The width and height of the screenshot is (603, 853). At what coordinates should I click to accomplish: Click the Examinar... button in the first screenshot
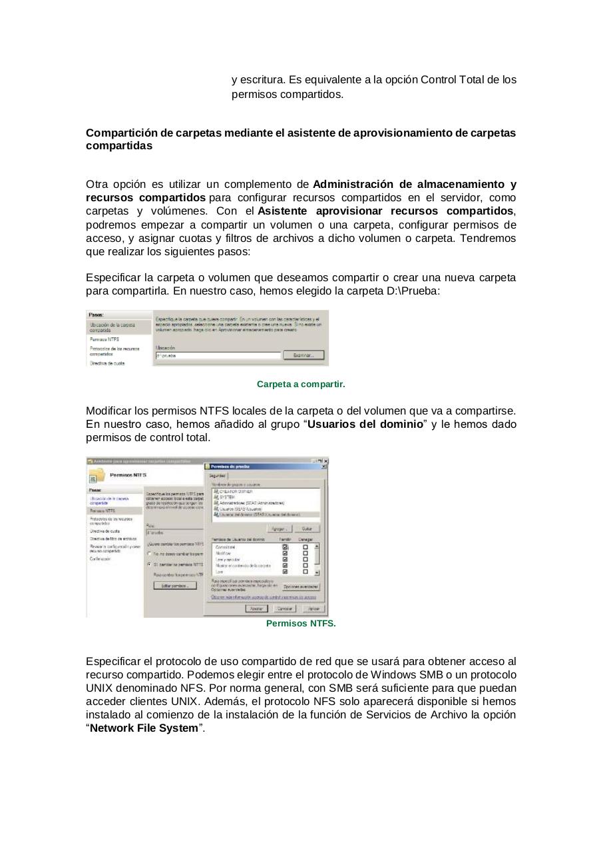point(303,356)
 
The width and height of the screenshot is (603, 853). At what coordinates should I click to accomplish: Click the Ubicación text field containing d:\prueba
point(217,356)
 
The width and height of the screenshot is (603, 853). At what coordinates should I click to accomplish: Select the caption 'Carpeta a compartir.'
point(301,385)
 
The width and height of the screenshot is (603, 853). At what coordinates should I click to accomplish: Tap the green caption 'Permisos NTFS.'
point(301,624)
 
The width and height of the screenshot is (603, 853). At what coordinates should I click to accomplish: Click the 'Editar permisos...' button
point(175,586)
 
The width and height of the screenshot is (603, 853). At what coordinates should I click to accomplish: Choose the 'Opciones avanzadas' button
point(301,587)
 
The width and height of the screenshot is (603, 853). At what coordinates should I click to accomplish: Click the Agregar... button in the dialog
point(279,528)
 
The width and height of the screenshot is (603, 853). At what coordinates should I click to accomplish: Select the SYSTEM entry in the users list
point(226,497)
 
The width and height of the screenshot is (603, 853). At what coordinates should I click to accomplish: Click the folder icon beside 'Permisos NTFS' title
point(97,476)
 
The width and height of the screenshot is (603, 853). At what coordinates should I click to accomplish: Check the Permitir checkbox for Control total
point(286,547)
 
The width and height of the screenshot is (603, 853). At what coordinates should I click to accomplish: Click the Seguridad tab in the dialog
point(218,476)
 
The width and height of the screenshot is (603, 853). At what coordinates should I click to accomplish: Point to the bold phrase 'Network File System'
point(144,728)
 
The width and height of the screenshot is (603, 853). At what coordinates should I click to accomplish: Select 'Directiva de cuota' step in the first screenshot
point(107,363)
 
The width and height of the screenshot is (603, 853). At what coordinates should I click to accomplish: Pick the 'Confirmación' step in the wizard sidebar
point(100,559)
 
